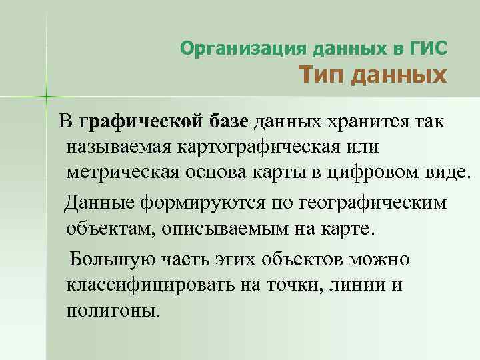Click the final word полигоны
point(113,310)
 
